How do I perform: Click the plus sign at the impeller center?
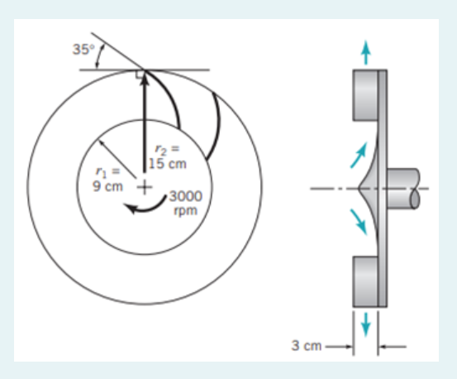coord(144,187)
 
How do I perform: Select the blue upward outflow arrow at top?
coord(364,51)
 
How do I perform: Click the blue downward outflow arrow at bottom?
coord(364,324)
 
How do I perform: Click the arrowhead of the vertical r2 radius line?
coord(144,78)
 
